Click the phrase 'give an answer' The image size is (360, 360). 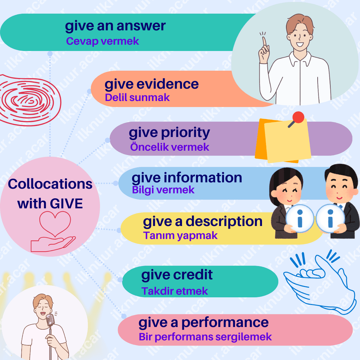coord(115,26)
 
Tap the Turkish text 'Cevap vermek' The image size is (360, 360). coord(102,41)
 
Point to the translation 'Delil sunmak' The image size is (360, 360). coord(137,97)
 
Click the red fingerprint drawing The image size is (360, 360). coord(25,100)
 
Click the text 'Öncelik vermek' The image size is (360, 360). coord(170,147)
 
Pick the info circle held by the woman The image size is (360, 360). coord(300,219)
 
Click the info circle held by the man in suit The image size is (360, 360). coord(330,219)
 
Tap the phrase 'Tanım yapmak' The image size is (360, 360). coord(180,235)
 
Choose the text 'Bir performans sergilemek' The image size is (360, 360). coord(205,337)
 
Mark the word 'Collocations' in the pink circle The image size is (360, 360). coord(50,184)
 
